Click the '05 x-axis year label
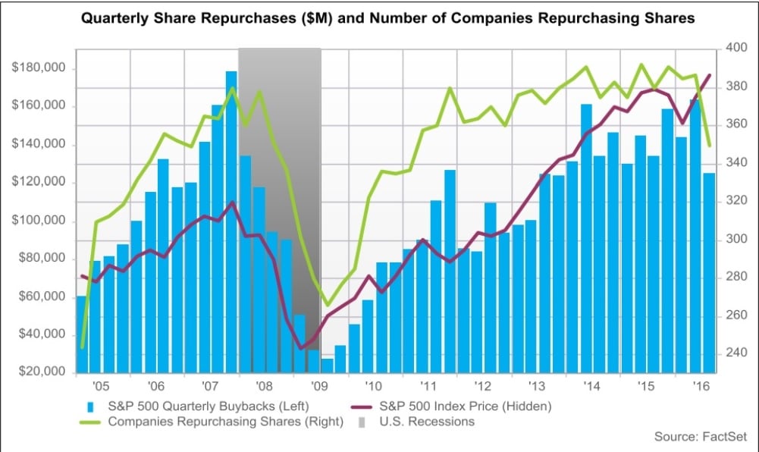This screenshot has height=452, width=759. pyautogui.click(x=102, y=385)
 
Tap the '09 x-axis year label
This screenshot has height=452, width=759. pyautogui.click(x=319, y=385)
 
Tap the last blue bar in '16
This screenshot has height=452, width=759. pyautogui.click(x=709, y=273)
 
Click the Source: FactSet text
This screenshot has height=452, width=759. pyautogui.click(x=701, y=437)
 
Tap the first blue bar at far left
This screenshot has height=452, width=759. pyautogui.click(x=81, y=334)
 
